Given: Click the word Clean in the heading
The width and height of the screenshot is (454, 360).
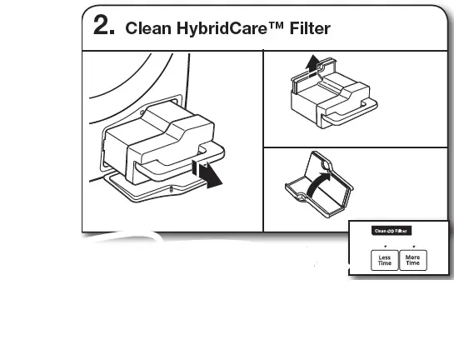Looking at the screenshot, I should (x=145, y=28).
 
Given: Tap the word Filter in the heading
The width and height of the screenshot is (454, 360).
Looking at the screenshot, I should (x=307, y=28).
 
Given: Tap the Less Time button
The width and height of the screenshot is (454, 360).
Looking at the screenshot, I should (x=385, y=259).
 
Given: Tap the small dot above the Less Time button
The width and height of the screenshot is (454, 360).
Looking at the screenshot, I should (x=385, y=247).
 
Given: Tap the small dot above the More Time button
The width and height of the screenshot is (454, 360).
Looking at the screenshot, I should (x=413, y=247).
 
